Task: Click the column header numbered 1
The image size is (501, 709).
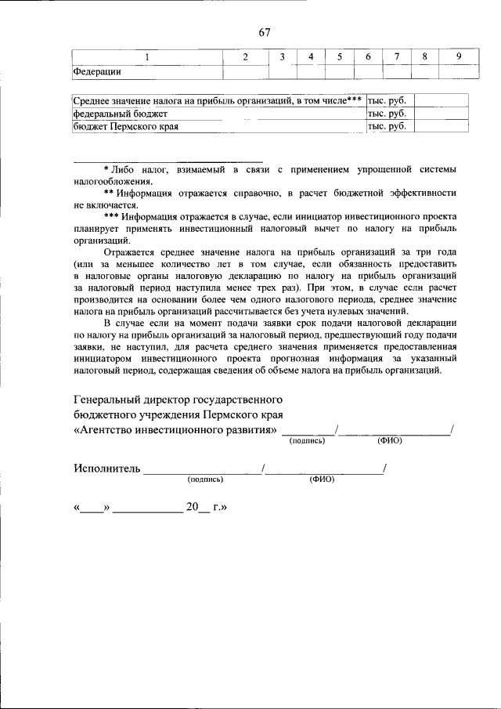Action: tap(146, 56)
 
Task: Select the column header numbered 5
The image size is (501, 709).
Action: tap(339, 56)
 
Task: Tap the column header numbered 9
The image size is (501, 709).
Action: tap(458, 56)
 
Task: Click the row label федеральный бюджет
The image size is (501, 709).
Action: tap(110, 113)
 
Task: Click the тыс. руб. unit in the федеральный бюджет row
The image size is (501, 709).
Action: tap(386, 113)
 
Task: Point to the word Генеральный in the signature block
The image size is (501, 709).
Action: tap(108, 400)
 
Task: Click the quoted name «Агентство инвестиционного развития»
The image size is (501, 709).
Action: tap(175, 430)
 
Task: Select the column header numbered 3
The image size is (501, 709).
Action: tap(282, 56)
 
